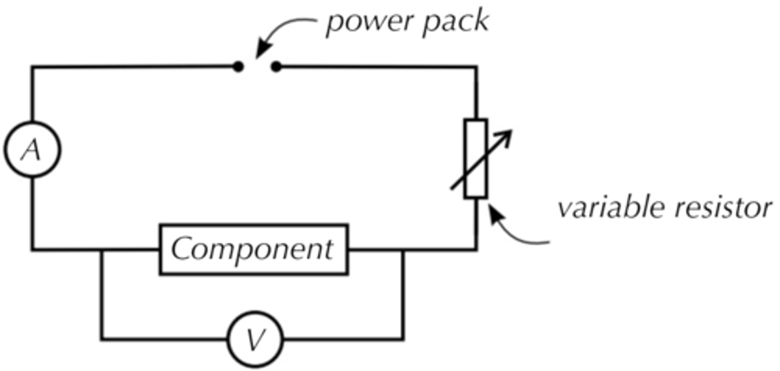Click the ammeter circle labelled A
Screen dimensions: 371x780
[32, 150]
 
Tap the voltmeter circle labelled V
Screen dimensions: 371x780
[255, 340]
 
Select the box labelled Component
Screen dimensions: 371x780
[253, 249]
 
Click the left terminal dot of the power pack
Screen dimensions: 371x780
[238, 67]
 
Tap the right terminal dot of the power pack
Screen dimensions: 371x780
[276, 67]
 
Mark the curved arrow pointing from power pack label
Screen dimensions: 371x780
[284, 34]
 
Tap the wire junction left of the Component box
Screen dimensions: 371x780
[101, 250]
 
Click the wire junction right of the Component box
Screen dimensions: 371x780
[402, 250]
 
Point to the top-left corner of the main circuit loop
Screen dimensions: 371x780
[32, 67]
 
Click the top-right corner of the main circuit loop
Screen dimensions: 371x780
[477, 67]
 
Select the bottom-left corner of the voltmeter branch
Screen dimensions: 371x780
[101, 340]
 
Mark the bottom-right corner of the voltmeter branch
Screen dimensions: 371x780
[402, 340]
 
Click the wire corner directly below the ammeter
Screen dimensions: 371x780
[32, 250]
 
